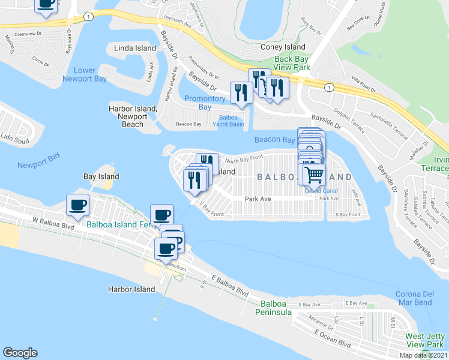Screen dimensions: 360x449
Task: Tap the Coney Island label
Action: (283, 47)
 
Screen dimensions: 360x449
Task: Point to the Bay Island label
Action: (101, 176)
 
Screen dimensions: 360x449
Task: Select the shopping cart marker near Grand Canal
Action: (314, 175)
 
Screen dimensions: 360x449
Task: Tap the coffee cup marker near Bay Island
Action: (78, 205)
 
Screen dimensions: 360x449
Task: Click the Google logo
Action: (20, 353)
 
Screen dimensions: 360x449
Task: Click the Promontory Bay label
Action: (205, 103)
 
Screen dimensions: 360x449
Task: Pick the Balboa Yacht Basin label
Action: (228, 121)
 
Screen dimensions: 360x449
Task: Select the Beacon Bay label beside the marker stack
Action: (275, 139)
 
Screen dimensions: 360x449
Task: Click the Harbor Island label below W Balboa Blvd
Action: (131, 289)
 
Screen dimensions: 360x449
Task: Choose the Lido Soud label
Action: (14, 142)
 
